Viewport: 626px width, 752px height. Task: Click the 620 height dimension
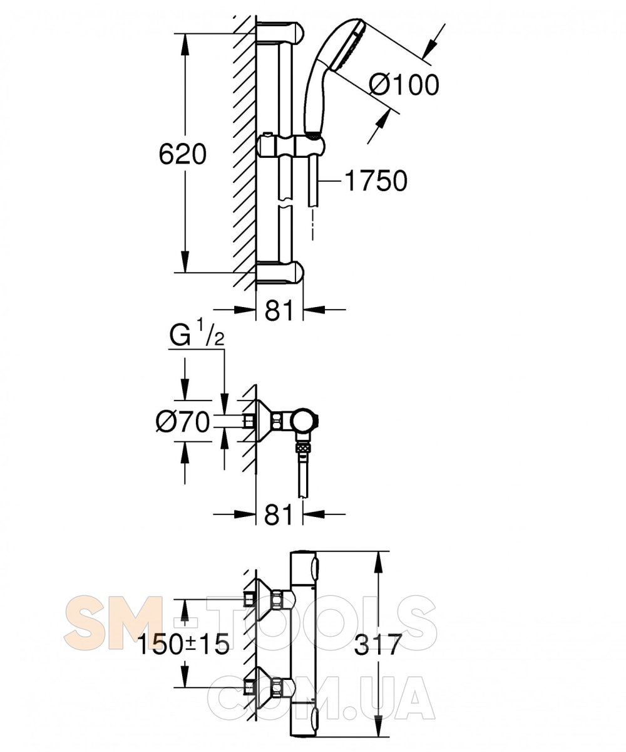tap(183, 154)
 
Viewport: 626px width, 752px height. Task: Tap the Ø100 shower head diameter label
tap(404, 85)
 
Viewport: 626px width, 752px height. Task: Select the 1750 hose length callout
tap(376, 180)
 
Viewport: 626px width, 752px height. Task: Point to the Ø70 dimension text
tap(183, 422)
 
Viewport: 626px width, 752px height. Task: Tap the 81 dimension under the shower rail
tap(279, 310)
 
